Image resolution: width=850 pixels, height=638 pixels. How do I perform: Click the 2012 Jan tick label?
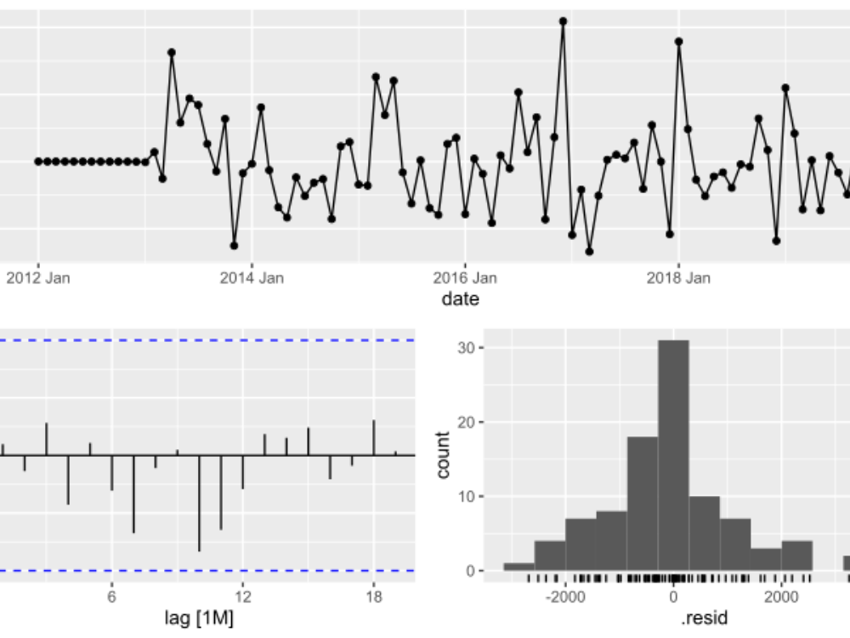pyautogui.click(x=38, y=277)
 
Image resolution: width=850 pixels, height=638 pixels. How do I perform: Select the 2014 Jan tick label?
pyautogui.click(x=252, y=277)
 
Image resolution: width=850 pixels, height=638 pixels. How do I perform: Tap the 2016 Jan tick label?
pyautogui.click(x=465, y=277)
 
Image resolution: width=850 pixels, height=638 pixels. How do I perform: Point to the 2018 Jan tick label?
pyautogui.click(x=678, y=277)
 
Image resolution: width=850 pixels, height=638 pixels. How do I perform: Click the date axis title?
pyautogui.click(x=460, y=299)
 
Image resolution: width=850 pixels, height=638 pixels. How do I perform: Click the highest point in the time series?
pyautogui.click(x=563, y=21)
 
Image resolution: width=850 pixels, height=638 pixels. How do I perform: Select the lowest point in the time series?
pyautogui.click(x=589, y=251)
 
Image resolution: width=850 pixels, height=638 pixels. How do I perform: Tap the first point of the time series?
pyautogui.click(x=37, y=162)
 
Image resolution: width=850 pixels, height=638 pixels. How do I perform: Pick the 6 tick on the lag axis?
pyautogui.click(x=111, y=597)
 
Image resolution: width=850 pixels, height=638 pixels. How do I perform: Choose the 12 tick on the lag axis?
pyautogui.click(x=243, y=597)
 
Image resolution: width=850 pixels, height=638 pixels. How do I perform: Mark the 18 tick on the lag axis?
pyautogui.click(x=374, y=597)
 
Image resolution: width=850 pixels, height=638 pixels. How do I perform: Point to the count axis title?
pyautogui.click(x=442, y=455)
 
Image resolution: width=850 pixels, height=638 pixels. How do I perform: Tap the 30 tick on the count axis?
pyautogui.click(x=467, y=348)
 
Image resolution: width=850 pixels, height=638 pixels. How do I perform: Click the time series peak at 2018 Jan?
pyautogui.click(x=678, y=41)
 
